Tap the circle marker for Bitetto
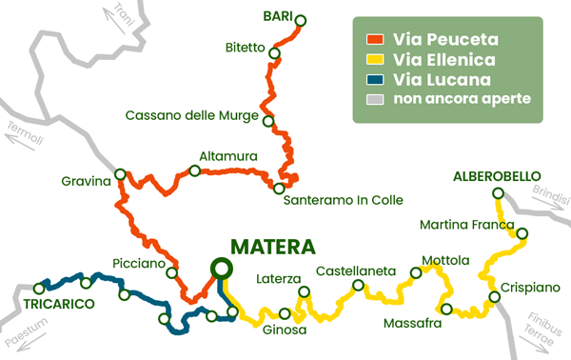tap(274, 53)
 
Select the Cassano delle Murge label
tap(194, 116)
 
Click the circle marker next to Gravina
tap(121, 174)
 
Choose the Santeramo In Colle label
tap(345, 199)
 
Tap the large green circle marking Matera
tap(221, 269)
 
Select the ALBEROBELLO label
tap(497, 176)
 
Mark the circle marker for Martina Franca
tap(521, 233)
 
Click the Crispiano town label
tap(526, 288)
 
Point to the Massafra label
tap(412, 324)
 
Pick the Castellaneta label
tap(355, 271)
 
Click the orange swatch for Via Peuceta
tap(374, 40)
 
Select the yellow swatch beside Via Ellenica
tap(374, 60)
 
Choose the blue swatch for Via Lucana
tap(374, 79)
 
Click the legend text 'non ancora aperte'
tap(455, 98)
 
